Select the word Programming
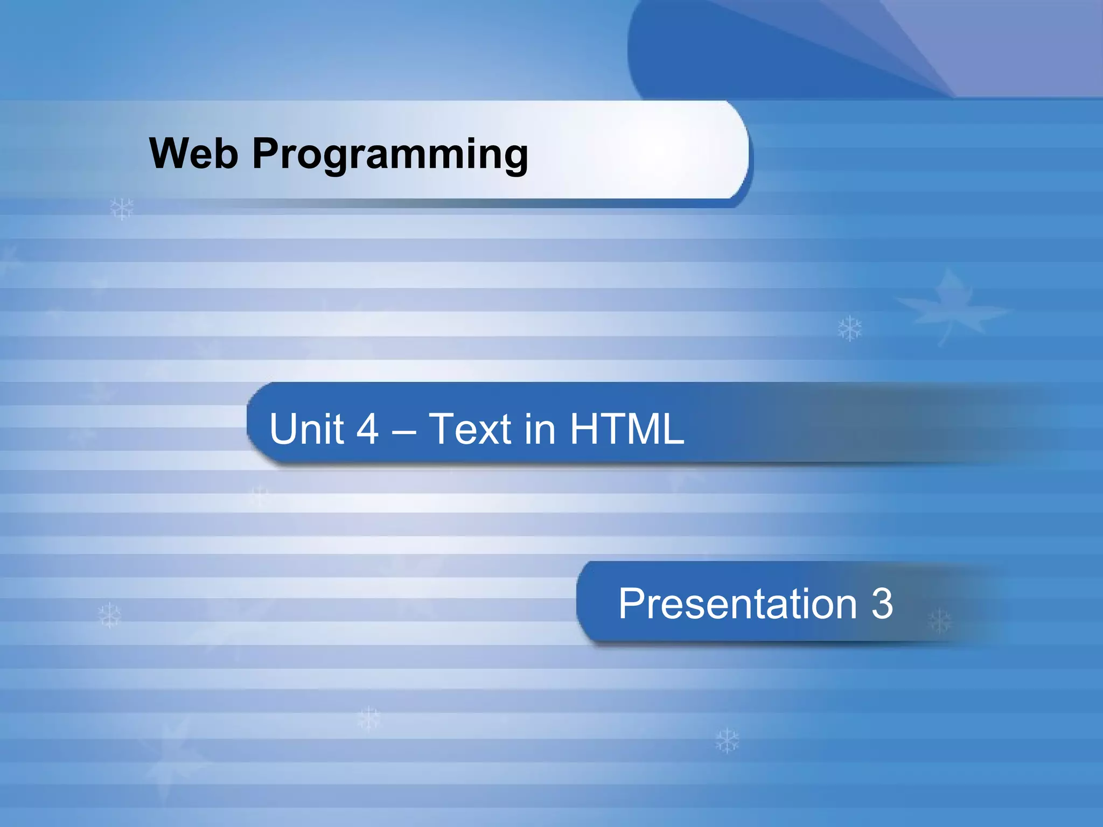390,155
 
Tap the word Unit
306,429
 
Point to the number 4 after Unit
367,429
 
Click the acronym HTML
627,429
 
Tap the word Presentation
737,604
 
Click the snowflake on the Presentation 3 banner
940,621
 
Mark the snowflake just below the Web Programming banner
122,208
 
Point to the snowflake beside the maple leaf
850,328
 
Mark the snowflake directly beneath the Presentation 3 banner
727,741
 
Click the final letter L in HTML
673,429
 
